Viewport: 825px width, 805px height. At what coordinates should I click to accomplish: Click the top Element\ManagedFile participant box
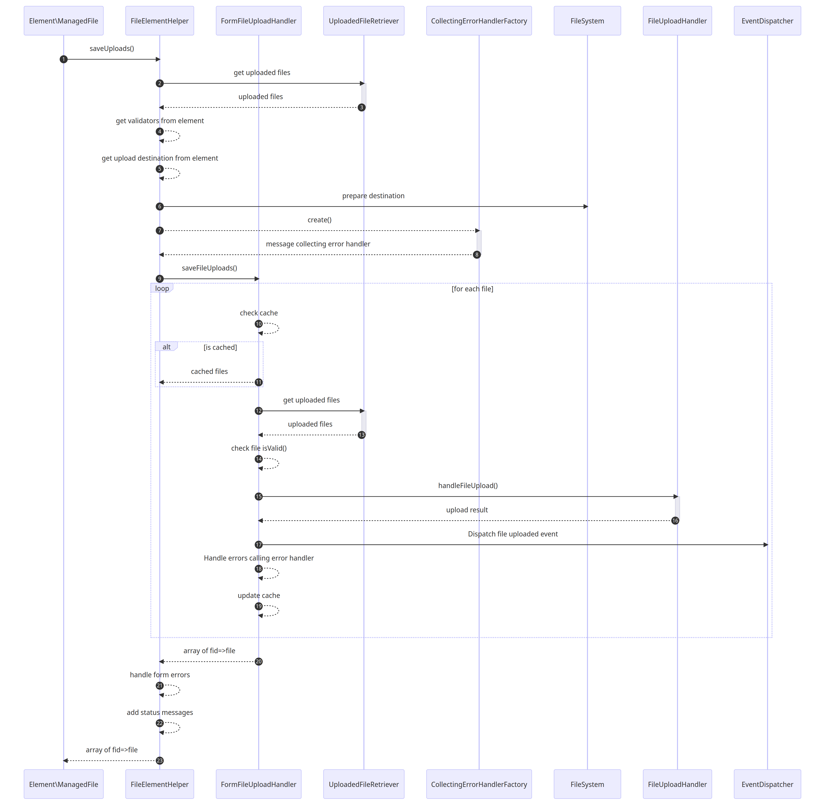pos(63,21)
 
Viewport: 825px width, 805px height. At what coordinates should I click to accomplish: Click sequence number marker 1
pos(63,59)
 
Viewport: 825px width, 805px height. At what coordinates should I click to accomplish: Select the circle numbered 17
pos(258,545)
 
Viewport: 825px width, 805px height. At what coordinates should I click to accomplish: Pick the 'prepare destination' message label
pos(373,196)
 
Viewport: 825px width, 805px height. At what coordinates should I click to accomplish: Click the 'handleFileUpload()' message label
pos(468,485)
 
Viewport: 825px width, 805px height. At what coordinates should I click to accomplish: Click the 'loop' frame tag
pos(162,288)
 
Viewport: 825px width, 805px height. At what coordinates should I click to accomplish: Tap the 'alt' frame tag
pos(167,347)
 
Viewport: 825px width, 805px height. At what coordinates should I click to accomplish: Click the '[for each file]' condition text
pos(472,289)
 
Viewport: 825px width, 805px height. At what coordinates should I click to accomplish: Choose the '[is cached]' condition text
pos(220,347)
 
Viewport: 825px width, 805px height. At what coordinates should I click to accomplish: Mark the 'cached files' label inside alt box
pos(209,371)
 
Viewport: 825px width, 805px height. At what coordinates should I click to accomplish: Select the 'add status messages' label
pos(160,712)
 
